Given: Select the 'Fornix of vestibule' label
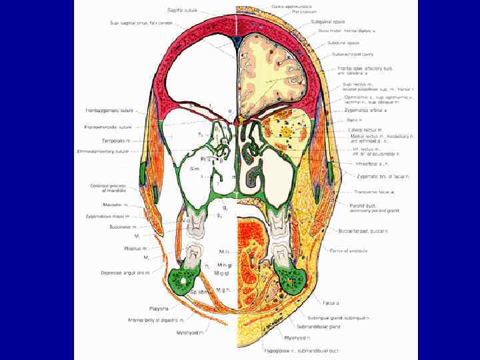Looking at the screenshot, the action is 344,251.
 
